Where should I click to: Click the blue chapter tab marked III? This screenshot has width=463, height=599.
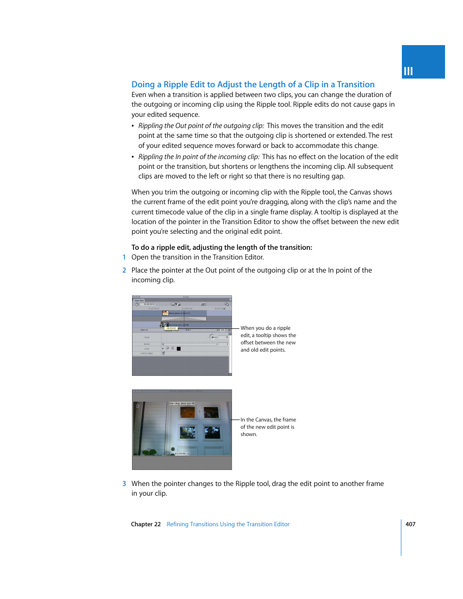click(x=423, y=62)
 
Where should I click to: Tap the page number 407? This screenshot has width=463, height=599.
click(x=410, y=524)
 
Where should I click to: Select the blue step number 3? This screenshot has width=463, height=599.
click(x=124, y=484)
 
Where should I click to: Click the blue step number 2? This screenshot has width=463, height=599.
click(x=124, y=270)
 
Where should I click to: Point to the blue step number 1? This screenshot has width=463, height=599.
click(x=124, y=258)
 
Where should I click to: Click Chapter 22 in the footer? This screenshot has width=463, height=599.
click(x=146, y=524)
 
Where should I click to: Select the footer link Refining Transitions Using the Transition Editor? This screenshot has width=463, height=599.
click(x=228, y=524)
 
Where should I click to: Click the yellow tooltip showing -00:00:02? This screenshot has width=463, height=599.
click(x=171, y=328)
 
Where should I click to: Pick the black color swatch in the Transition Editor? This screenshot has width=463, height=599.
click(x=179, y=349)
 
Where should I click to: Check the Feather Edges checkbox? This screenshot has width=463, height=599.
click(x=163, y=353)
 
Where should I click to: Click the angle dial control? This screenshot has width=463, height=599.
click(x=212, y=337)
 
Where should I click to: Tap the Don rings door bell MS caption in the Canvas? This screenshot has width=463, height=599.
click(x=182, y=404)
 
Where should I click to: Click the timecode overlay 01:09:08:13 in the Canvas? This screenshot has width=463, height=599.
click(x=182, y=453)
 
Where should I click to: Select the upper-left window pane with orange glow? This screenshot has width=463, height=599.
click(x=187, y=412)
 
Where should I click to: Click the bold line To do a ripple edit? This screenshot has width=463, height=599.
click(x=221, y=247)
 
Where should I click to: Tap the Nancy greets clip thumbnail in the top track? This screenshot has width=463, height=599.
click(x=165, y=313)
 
